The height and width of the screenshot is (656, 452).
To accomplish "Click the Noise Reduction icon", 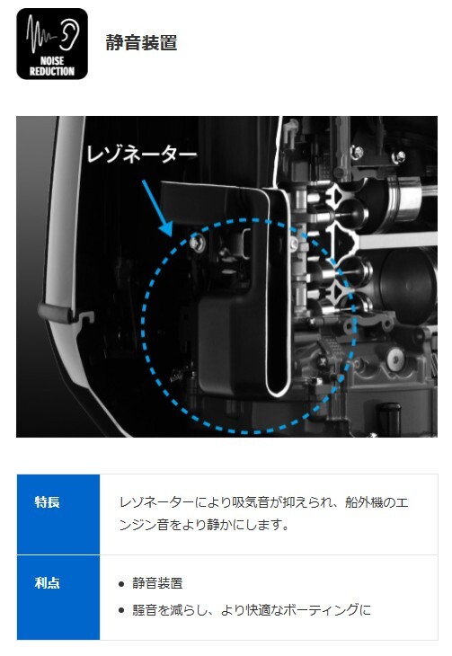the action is click(x=52, y=44).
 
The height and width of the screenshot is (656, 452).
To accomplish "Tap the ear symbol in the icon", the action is click(x=69, y=35).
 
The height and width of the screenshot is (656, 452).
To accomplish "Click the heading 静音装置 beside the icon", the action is click(x=141, y=42).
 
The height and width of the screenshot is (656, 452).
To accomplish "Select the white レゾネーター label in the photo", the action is click(x=141, y=155).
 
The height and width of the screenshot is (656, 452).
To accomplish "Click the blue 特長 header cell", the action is click(x=58, y=514).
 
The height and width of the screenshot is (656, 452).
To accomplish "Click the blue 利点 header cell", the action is click(x=58, y=597).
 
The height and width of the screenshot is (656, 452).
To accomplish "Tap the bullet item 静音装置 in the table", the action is click(x=157, y=583).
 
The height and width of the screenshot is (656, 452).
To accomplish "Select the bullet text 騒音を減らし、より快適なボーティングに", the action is click(x=252, y=609).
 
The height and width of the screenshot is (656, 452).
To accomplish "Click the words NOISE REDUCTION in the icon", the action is click(x=52, y=66).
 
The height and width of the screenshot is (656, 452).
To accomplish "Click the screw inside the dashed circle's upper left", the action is click(x=197, y=243).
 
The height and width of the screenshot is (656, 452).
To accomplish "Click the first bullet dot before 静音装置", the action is click(x=121, y=583).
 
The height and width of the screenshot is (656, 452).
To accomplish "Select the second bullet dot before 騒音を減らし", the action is click(x=121, y=610).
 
